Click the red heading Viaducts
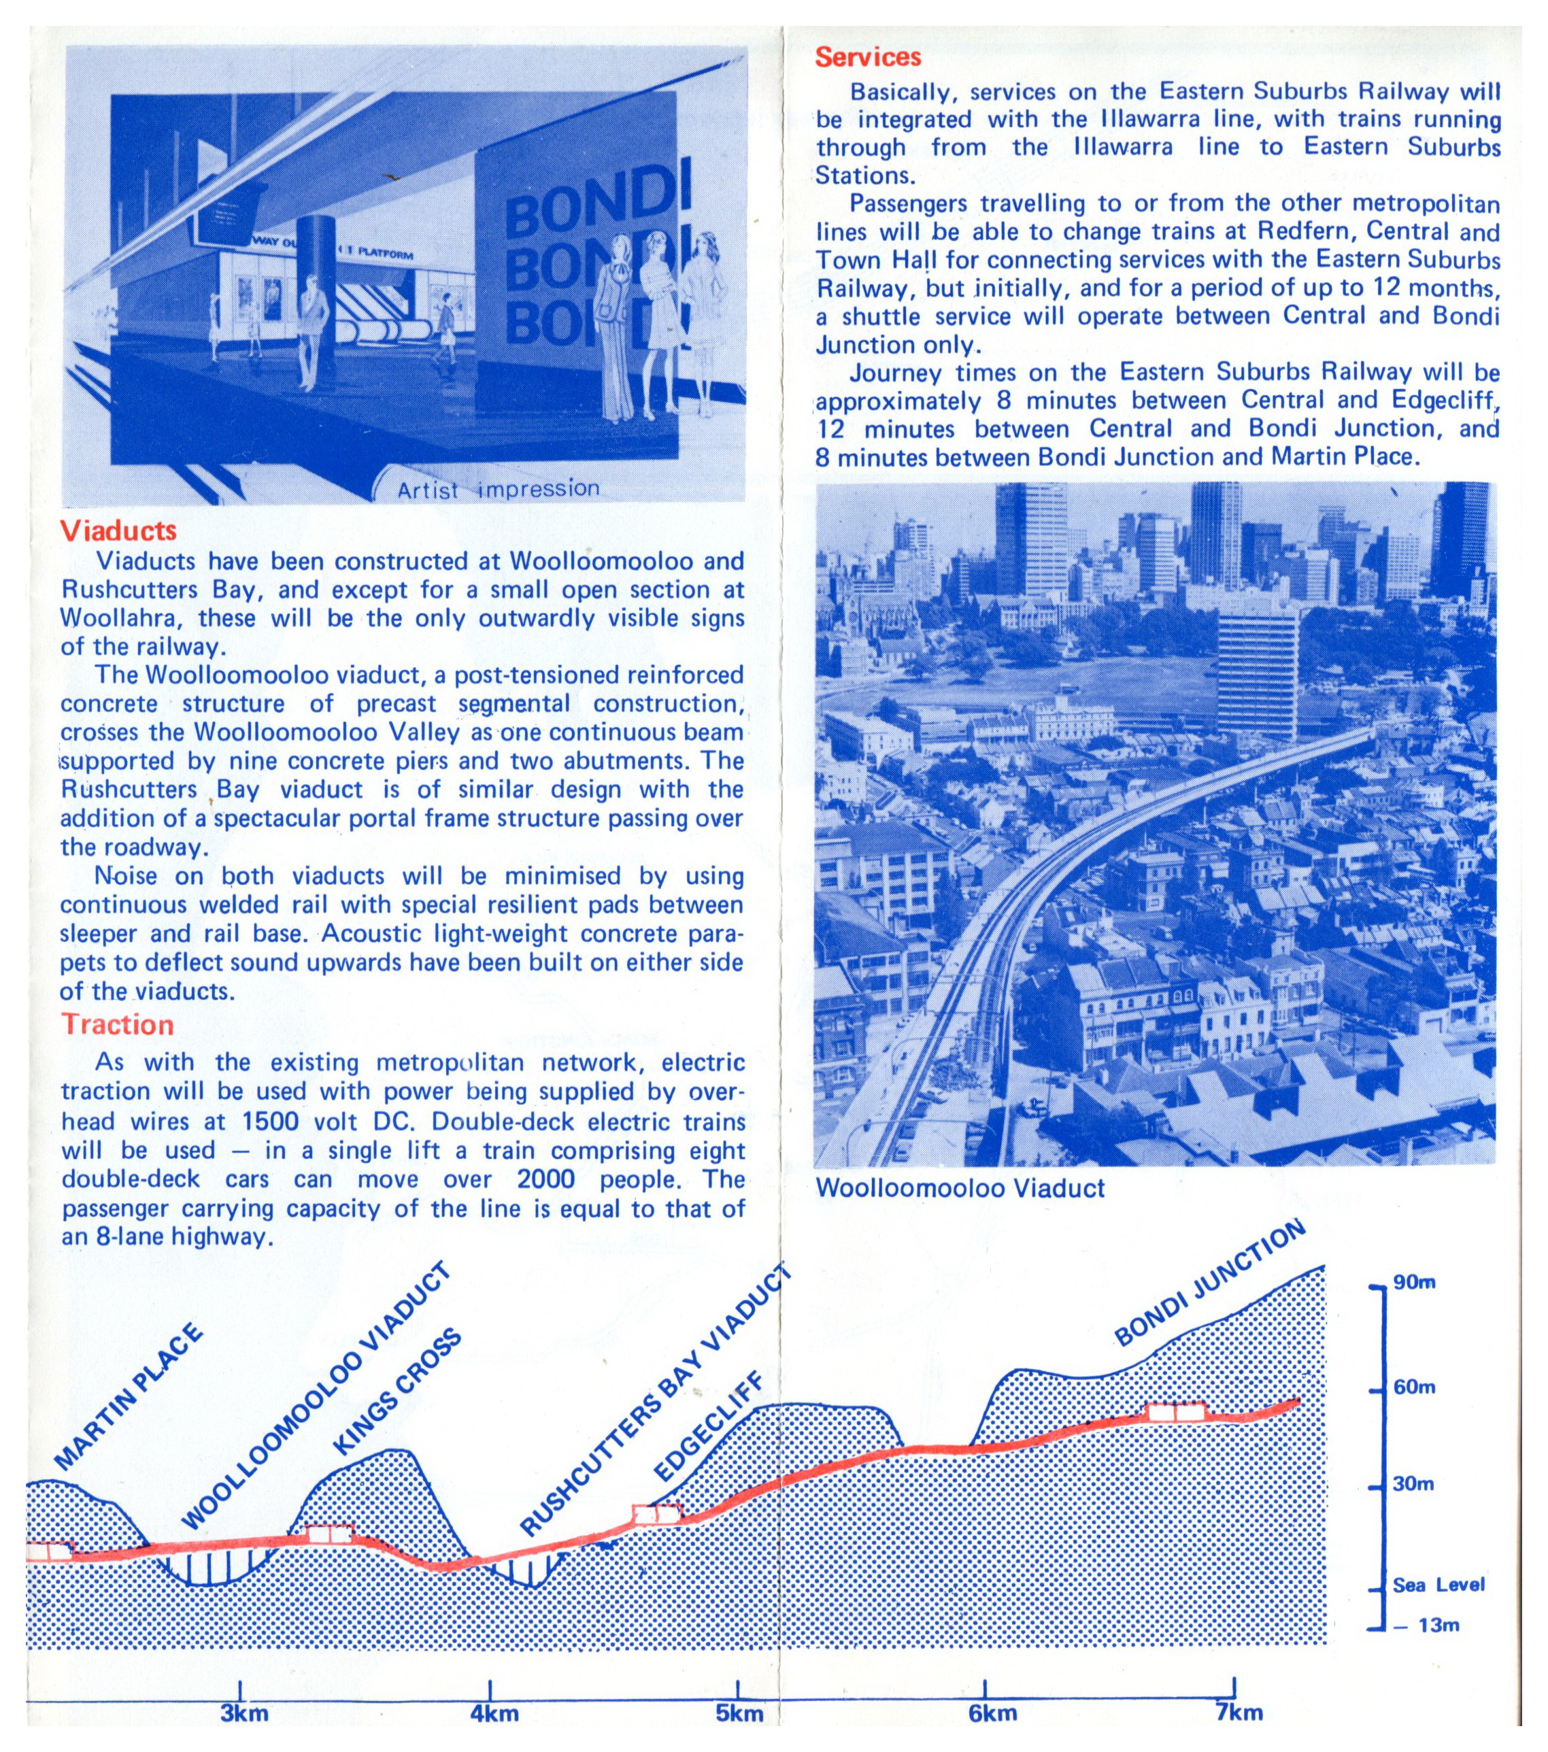click(118, 530)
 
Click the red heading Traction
click(118, 1024)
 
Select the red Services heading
click(867, 57)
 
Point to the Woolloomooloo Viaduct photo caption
click(960, 1188)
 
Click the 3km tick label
click(244, 1713)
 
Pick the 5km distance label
click(739, 1713)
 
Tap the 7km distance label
click(1239, 1713)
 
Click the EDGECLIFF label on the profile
click(708, 1426)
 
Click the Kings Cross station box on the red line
click(331, 1534)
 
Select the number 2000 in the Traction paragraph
click(545, 1179)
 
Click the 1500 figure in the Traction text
click(271, 1121)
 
